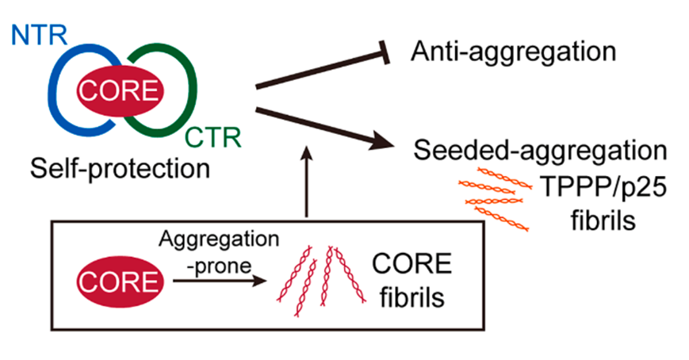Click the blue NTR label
pyautogui.click(x=39, y=35)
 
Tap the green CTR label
pyautogui.click(x=213, y=138)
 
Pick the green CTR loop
pyautogui.click(x=192, y=90)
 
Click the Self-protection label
pyautogui.click(x=120, y=169)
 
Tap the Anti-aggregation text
pyautogui.click(x=513, y=52)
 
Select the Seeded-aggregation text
pyautogui.click(x=540, y=151)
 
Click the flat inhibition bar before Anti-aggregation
pyautogui.click(x=386, y=52)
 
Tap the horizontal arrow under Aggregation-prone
pyautogui.click(x=220, y=281)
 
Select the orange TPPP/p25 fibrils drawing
pyautogui.click(x=495, y=199)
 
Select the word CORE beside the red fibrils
pyautogui.click(x=411, y=264)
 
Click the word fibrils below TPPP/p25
pyautogui.click(x=603, y=220)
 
